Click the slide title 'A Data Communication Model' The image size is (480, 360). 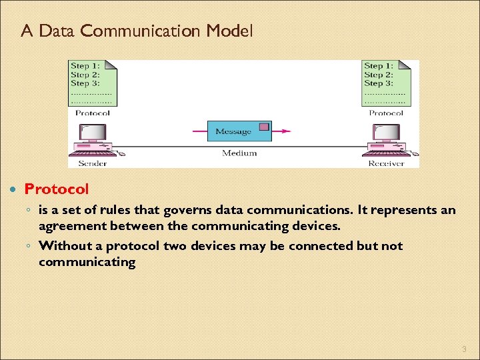pyautogui.click(x=137, y=31)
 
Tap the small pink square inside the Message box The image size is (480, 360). pyautogui.click(x=264, y=127)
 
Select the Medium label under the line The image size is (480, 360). pyautogui.click(x=239, y=153)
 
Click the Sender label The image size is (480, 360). pyautogui.click(x=93, y=163)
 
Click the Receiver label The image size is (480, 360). pyautogui.click(x=387, y=163)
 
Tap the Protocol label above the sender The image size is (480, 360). pyautogui.click(x=93, y=113)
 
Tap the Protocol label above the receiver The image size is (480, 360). pyautogui.click(x=386, y=113)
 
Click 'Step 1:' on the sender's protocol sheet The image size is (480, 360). pyautogui.click(x=85, y=66)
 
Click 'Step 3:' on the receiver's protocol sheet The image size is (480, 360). pyautogui.click(x=378, y=83)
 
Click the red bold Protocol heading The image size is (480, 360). pyautogui.click(x=57, y=190)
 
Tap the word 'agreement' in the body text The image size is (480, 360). pyautogui.click(x=71, y=226)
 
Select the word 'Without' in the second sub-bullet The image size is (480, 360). pyautogui.click(x=65, y=245)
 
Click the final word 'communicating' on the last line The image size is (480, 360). pyautogui.click(x=87, y=262)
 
